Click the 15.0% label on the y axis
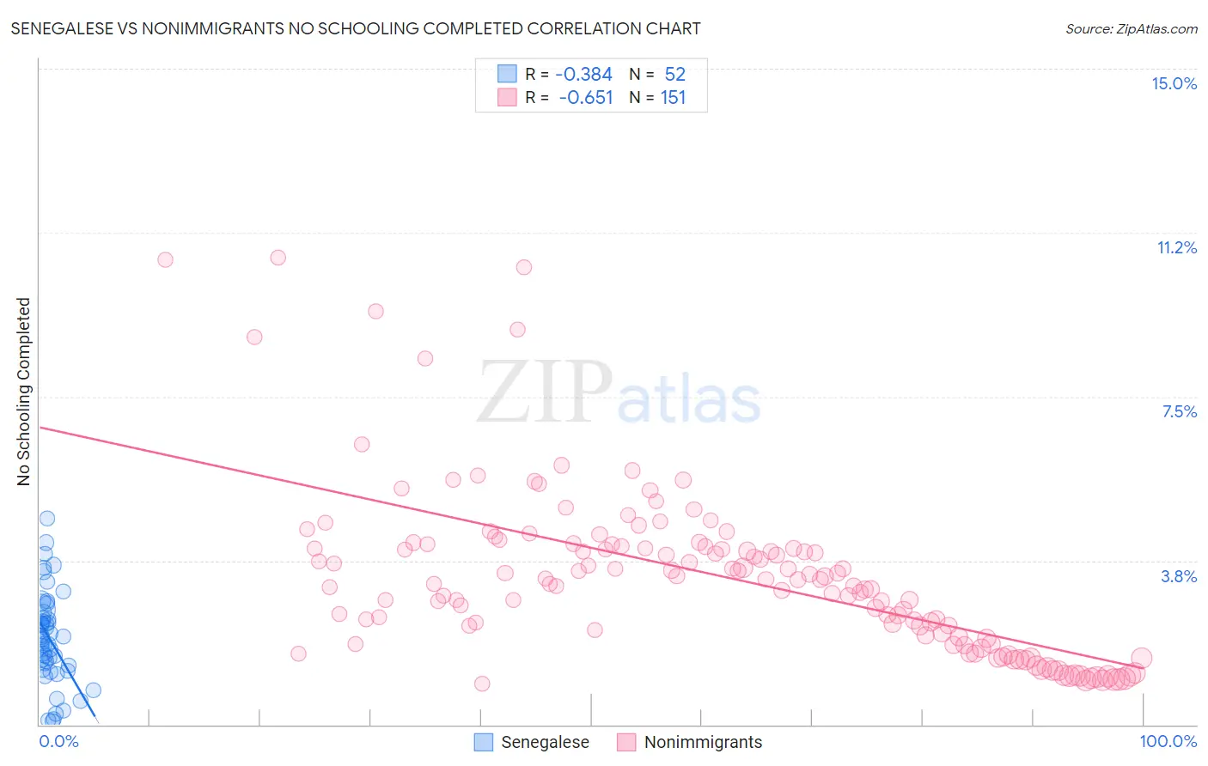pyautogui.click(x=1174, y=83)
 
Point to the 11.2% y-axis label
pyautogui.click(x=1176, y=247)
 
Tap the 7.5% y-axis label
pyautogui.click(x=1179, y=411)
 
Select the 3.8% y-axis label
pyautogui.click(x=1179, y=576)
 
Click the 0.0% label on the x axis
pyautogui.click(x=58, y=741)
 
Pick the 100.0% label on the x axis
pyautogui.click(x=1168, y=741)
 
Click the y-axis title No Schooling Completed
pyautogui.click(x=24, y=392)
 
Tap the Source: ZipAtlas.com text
pyautogui.click(x=1131, y=28)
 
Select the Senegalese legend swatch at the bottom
pyautogui.click(x=484, y=742)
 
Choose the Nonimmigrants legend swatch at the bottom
pyautogui.click(x=626, y=742)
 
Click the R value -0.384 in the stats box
pyautogui.click(x=583, y=75)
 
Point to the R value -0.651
pyautogui.click(x=585, y=98)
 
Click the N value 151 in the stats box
pyautogui.click(x=673, y=98)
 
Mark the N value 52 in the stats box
pyautogui.click(x=674, y=75)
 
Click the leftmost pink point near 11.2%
pyautogui.click(x=165, y=259)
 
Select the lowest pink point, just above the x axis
pyautogui.click(x=482, y=684)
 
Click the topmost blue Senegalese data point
pyautogui.click(x=47, y=519)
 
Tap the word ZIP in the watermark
pyautogui.click(x=544, y=392)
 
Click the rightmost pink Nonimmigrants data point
pyautogui.click(x=1141, y=659)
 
